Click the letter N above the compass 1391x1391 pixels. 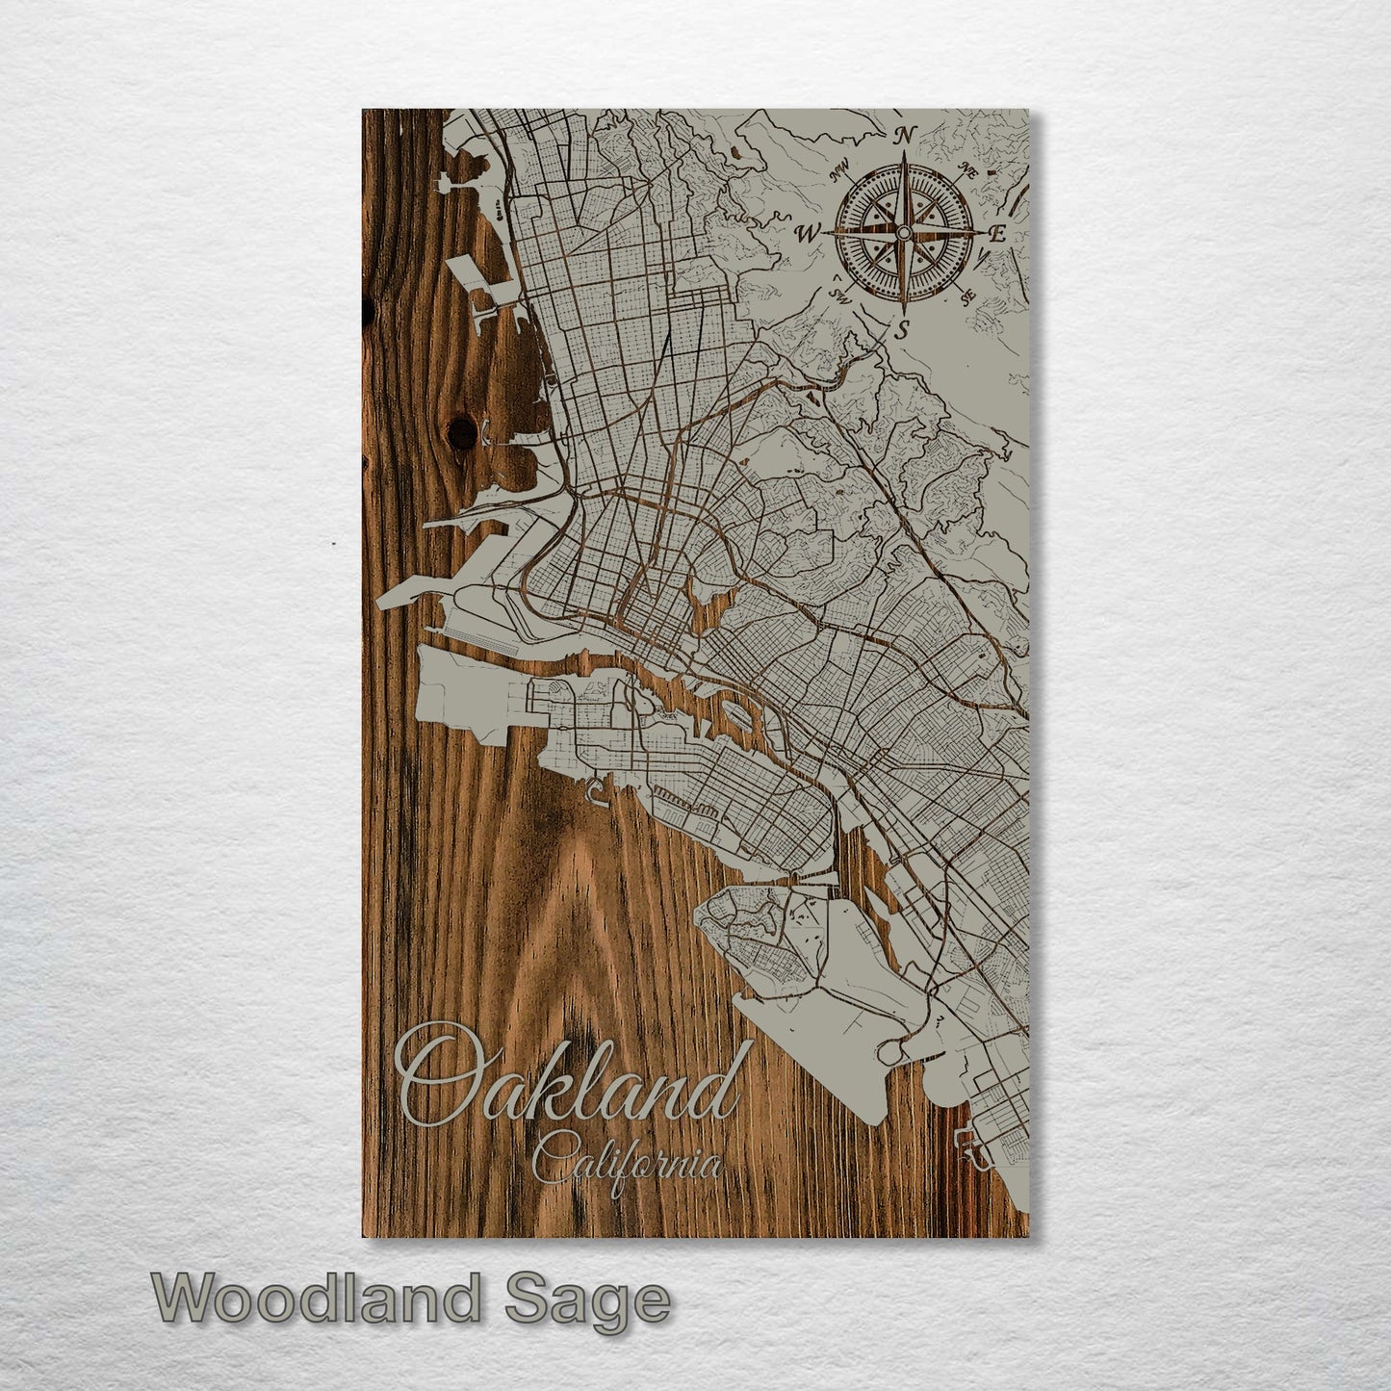point(904,137)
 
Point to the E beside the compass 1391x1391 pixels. point(998,233)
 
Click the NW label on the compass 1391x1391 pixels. point(839,174)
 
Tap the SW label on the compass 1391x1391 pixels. point(837,295)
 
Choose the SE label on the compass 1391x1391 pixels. point(968,295)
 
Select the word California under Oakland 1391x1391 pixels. point(627,1162)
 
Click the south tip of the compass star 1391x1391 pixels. point(903,312)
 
